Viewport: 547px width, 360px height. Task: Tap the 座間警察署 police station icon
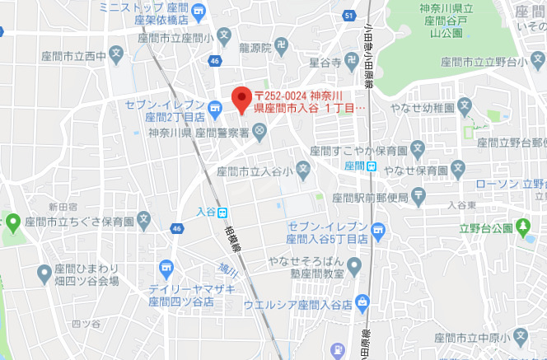point(259,130)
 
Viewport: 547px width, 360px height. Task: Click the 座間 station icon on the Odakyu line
point(372,166)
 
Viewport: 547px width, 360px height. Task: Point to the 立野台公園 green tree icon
point(525,225)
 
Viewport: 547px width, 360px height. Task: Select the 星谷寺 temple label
point(325,63)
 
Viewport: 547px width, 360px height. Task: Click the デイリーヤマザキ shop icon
point(168,268)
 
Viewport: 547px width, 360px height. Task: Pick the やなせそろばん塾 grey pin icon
point(354,265)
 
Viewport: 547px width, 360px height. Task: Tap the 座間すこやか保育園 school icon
point(418,150)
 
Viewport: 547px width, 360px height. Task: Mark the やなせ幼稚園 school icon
point(465,106)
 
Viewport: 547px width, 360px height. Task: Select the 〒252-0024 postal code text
point(285,95)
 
